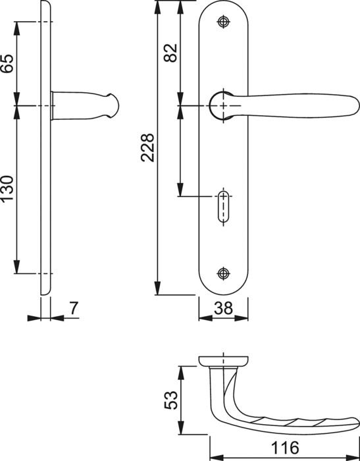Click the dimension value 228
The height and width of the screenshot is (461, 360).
pos(147,148)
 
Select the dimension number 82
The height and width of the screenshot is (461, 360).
pos(170,53)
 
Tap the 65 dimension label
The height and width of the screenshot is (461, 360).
pos(7,63)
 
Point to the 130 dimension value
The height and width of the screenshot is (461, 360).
pos(7,188)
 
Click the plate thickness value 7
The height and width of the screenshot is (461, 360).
pos(74,308)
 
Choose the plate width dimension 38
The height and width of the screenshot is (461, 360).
pos(223,308)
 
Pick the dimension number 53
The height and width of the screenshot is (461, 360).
pos(170,400)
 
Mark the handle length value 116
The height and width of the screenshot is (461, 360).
pos(285,447)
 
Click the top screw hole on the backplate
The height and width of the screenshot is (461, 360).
pos(223,22)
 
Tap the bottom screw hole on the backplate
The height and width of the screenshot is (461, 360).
pos(223,273)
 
